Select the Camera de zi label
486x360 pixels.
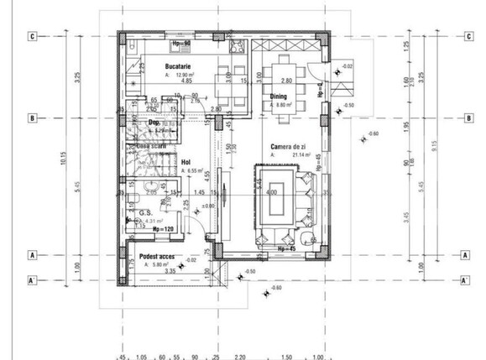pyautogui.click(x=289, y=145)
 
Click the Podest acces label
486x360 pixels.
pyautogui.click(x=158, y=256)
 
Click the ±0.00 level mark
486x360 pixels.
pyautogui.click(x=209, y=205)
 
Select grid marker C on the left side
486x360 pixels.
pyautogui.click(x=32, y=36)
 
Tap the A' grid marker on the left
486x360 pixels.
pyautogui.click(x=32, y=280)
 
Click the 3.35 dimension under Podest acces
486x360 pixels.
pyautogui.click(x=170, y=271)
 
